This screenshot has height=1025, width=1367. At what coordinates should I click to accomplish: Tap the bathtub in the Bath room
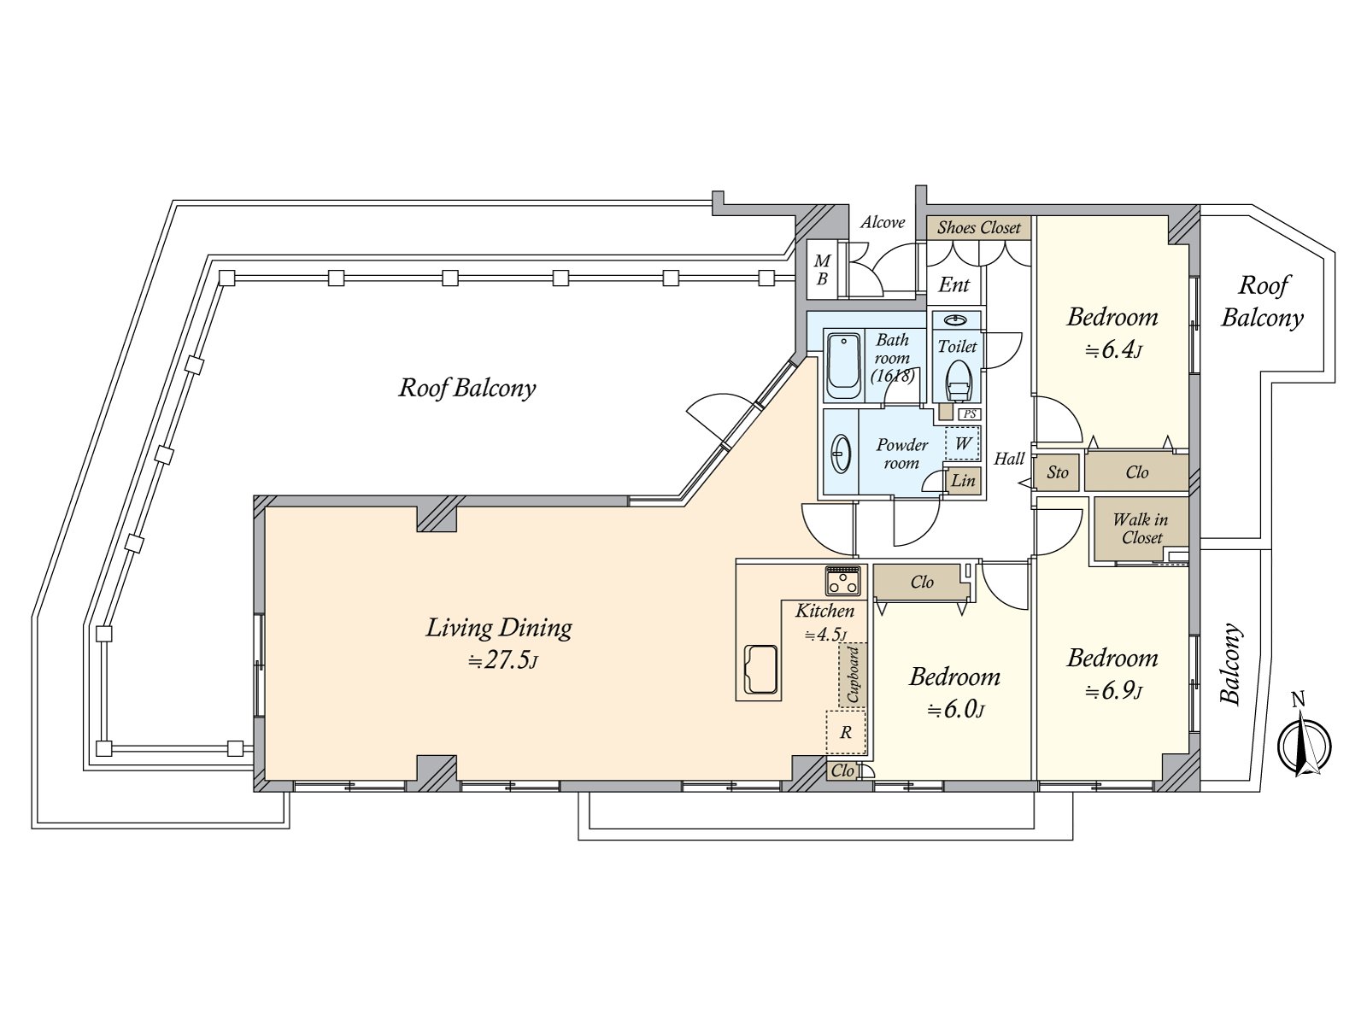tap(844, 366)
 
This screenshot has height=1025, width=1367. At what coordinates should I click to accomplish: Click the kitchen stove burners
tap(842, 581)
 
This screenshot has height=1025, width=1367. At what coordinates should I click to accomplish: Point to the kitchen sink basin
tap(761, 670)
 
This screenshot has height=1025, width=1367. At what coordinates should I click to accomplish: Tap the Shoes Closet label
tap(978, 228)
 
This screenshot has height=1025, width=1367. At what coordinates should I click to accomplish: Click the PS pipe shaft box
tap(969, 414)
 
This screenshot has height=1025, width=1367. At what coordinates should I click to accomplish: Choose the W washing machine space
tap(962, 443)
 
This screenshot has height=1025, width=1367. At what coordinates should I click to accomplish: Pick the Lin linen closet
tap(963, 480)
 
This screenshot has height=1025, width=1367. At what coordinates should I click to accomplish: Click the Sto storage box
tap(1057, 473)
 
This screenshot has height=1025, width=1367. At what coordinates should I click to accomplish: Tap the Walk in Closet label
tap(1141, 528)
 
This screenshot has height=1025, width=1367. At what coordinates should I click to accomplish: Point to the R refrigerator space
tap(846, 732)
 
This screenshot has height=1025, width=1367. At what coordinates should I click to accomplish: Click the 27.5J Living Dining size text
tap(503, 659)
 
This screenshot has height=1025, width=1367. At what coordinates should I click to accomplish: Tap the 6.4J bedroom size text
tap(1112, 350)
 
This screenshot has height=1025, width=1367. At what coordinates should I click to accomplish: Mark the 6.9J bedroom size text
tap(1113, 691)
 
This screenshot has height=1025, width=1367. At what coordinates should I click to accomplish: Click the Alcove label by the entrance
tap(883, 222)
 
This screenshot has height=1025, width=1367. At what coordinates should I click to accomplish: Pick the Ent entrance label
tap(953, 285)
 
